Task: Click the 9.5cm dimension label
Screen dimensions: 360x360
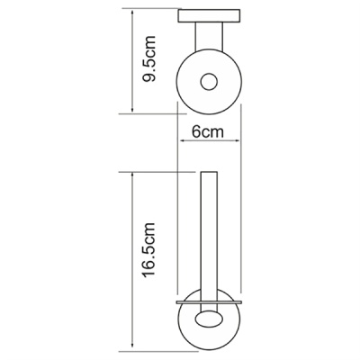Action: tap(149, 59)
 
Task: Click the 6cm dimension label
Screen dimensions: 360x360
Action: tap(208, 131)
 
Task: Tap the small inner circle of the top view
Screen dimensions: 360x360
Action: tap(209, 82)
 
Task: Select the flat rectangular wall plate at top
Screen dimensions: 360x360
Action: tap(210, 16)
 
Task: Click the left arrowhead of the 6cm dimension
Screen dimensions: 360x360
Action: tap(182, 139)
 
